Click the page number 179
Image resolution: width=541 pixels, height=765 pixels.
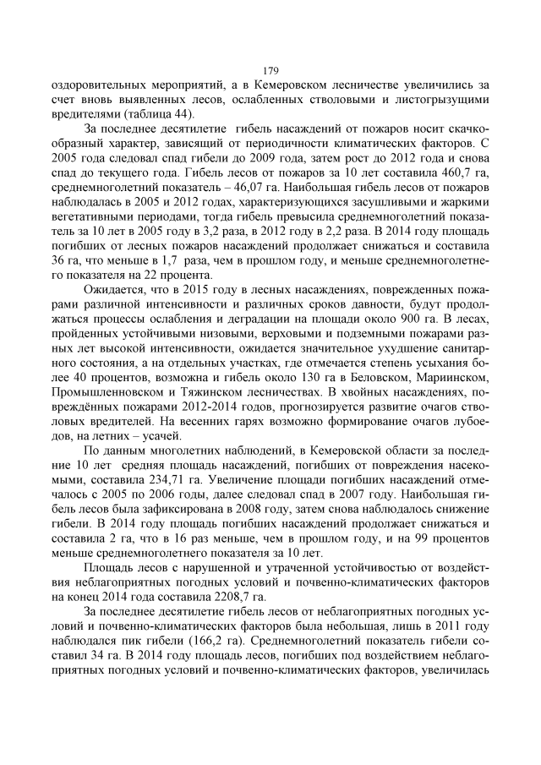(270, 70)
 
